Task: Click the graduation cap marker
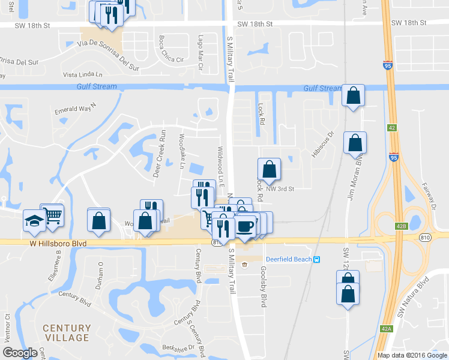[x=34, y=221]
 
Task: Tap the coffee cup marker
[x=245, y=226]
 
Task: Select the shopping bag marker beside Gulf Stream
[x=354, y=95]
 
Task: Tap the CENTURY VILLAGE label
[x=67, y=333]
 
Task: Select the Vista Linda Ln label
[x=83, y=74]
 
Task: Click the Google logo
[x=20, y=353]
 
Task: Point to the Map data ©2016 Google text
[x=412, y=355]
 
